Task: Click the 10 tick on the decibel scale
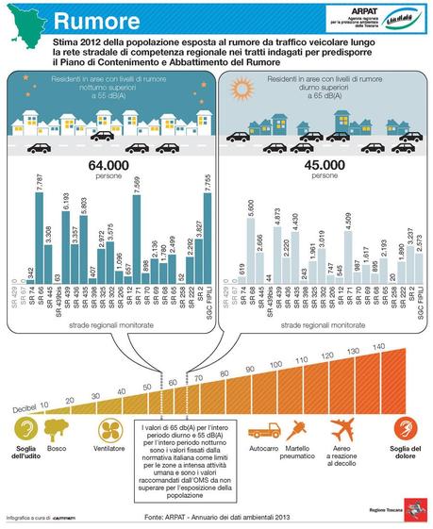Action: coord(43,404)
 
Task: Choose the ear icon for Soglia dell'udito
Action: coord(29,430)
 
